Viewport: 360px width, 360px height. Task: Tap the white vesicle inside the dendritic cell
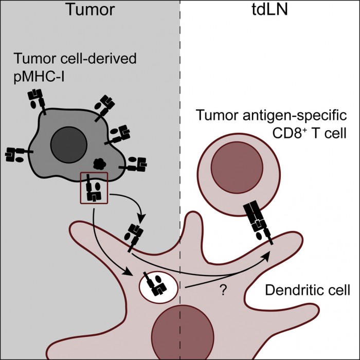156,285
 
